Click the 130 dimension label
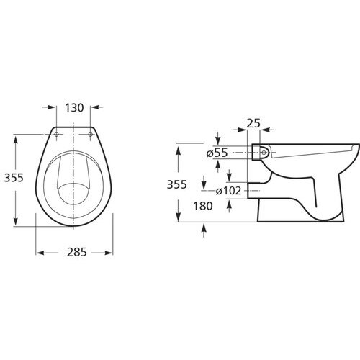tap(74, 108)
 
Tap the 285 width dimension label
tap(76, 253)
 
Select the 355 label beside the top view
tap(14, 178)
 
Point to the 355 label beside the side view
tap(176, 184)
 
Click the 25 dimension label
tap(253, 123)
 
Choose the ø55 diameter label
tap(217, 153)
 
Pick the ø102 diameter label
tap(228, 191)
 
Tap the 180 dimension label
tap(203, 206)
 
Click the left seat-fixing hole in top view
tap(56, 135)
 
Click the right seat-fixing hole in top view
tap(90, 135)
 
